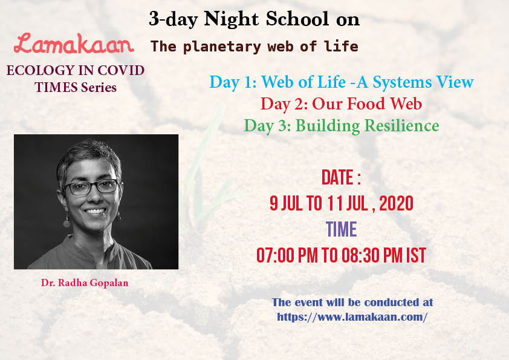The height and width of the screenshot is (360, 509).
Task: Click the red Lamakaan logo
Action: pyautogui.click(x=74, y=44)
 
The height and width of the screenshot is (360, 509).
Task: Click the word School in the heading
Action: pyautogui.click(x=297, y=19)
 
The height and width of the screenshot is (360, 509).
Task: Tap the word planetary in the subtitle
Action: pyautogui.click(x=222, y=47)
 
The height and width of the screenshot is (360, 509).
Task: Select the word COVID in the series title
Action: pyautogui.click(x=121, y=71)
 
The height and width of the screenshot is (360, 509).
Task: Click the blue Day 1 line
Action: pyautogui.click(x=342, y=82)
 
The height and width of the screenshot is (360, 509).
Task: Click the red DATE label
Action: pyautogui.click(x=341, y=177)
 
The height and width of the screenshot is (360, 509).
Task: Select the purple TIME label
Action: pyautogui.click(x=342, y=229)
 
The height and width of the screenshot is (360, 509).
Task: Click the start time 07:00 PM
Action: pyautogui.click(x=287, y=255)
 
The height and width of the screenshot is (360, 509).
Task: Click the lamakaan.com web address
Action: pyautogui.click(x=352, y=317)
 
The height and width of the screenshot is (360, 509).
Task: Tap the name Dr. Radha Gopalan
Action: pyautogui.click(x=85, y=283)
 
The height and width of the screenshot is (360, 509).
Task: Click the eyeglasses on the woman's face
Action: pyautogui.click(x=91, y=187)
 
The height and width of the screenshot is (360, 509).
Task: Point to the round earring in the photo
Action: pyautogui.click(x=67, y=223)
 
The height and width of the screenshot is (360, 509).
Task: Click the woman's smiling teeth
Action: pyautogui.click(x=95, y=211)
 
